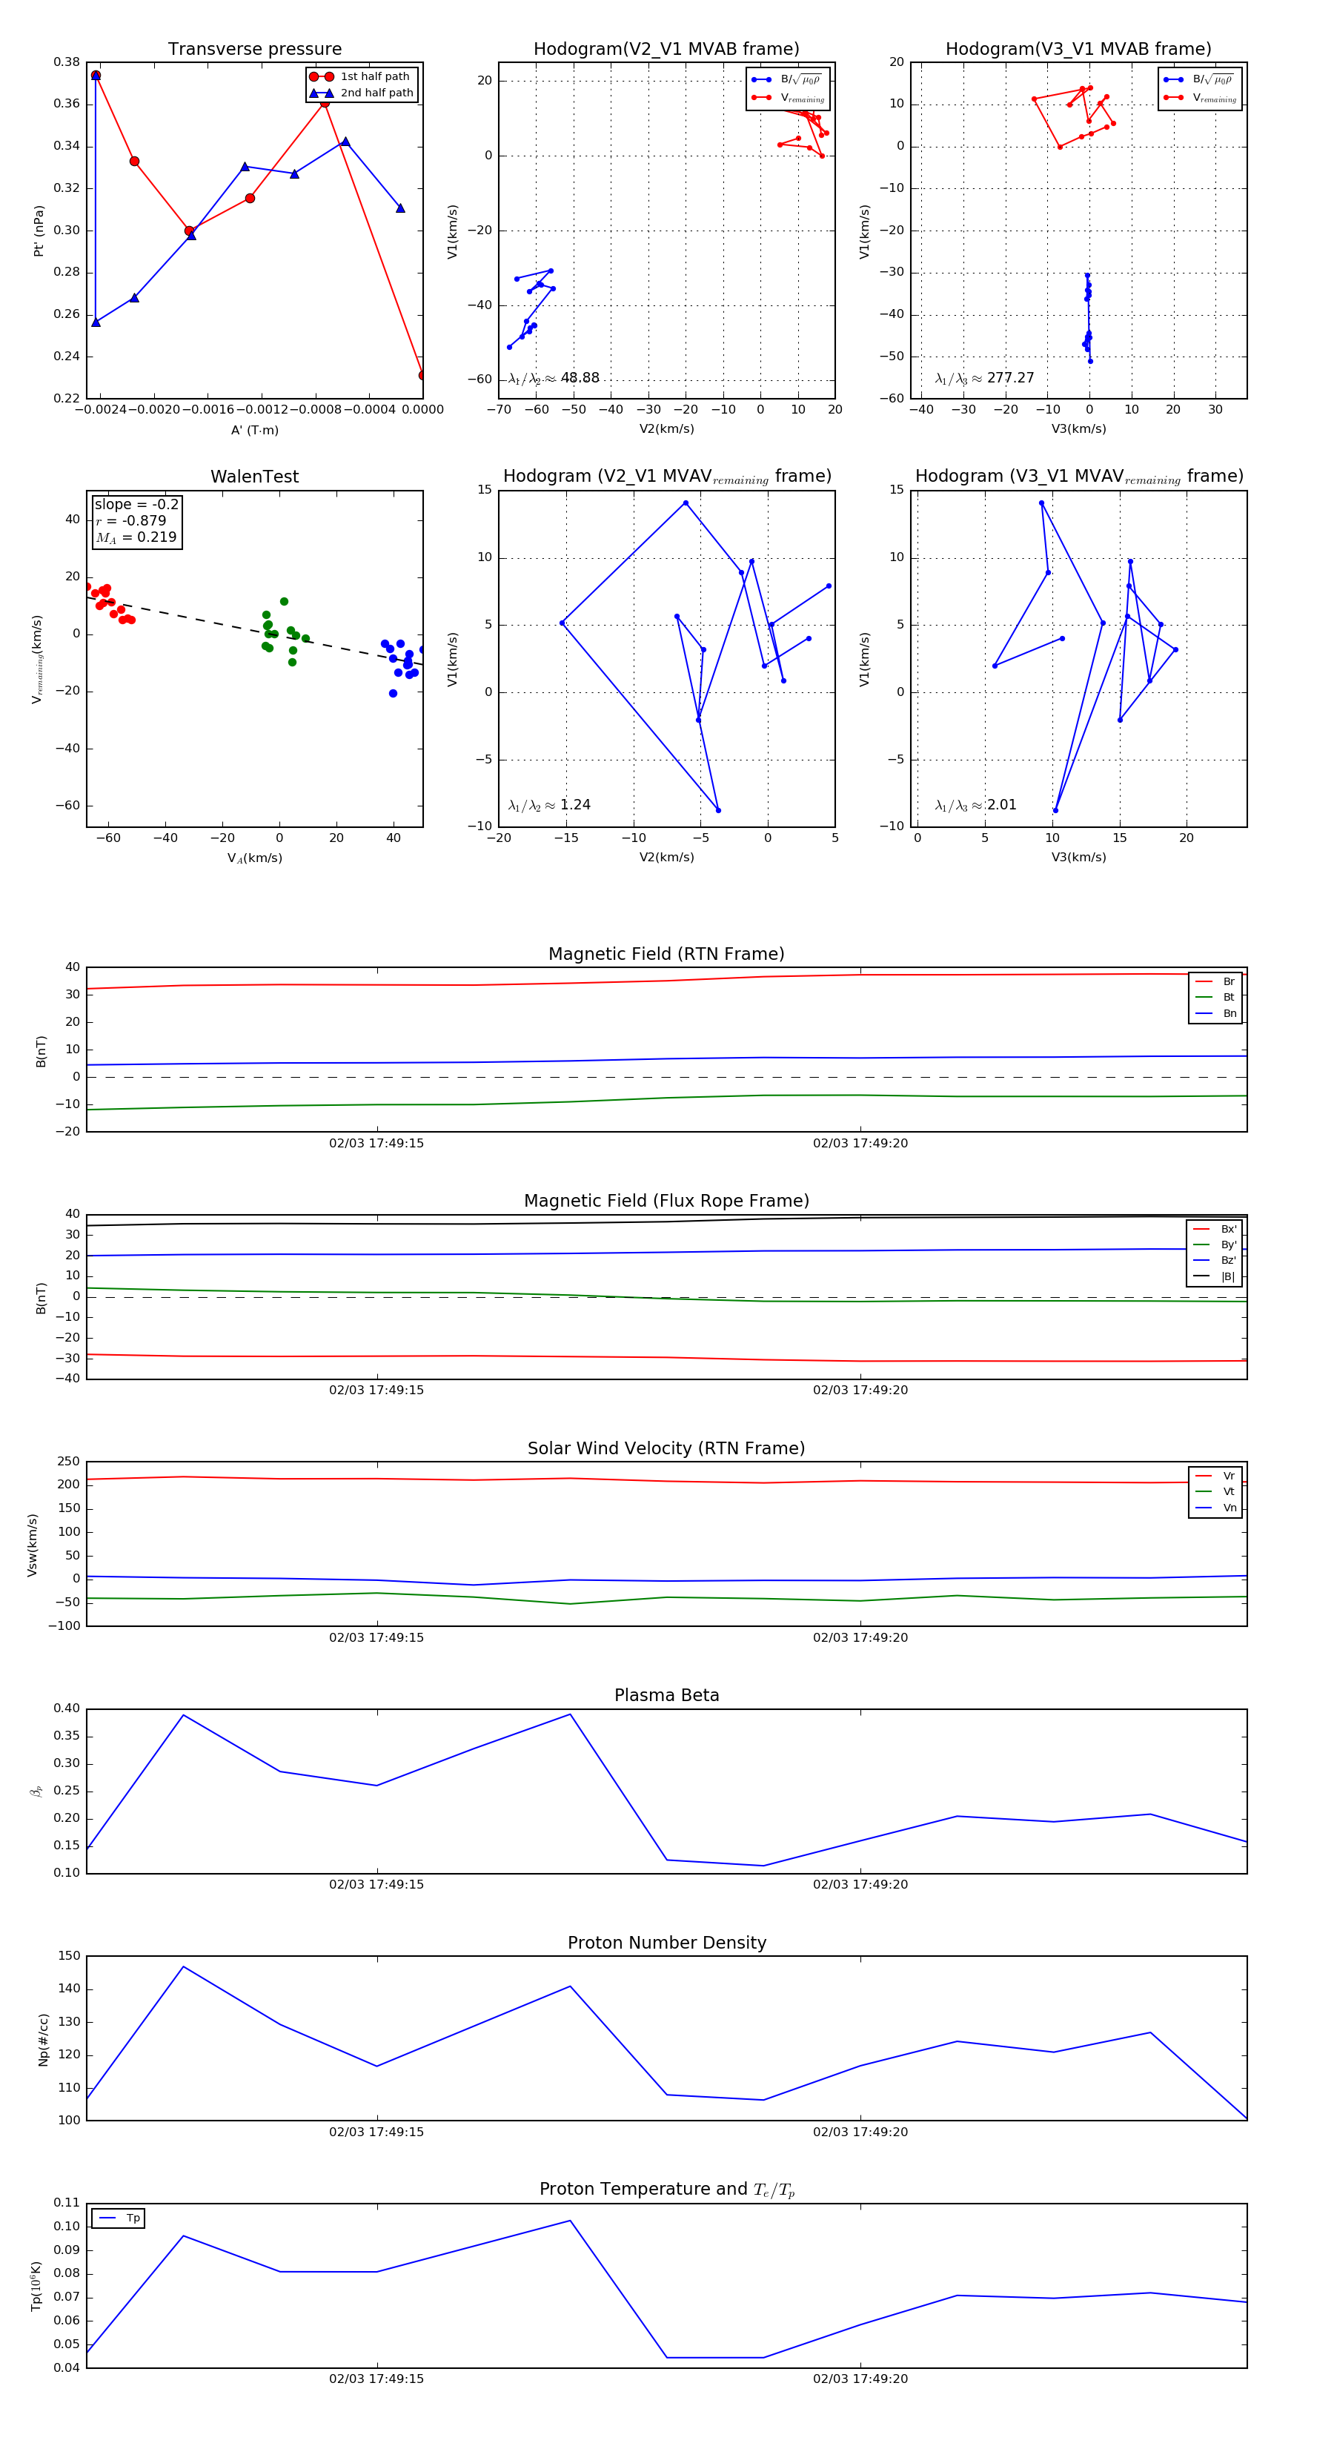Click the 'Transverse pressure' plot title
(254, 50)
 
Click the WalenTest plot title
(254, 477)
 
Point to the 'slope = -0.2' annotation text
(136, 504)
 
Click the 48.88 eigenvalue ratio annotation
(554, 378)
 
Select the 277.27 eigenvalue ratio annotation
(985, 378)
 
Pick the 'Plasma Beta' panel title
(666, 1695)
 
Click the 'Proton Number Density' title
(666, 1943)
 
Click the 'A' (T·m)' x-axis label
(254, 430)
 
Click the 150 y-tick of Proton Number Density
(70, 1956)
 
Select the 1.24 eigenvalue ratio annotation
(550, 805)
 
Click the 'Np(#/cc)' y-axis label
(43, 2038)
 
